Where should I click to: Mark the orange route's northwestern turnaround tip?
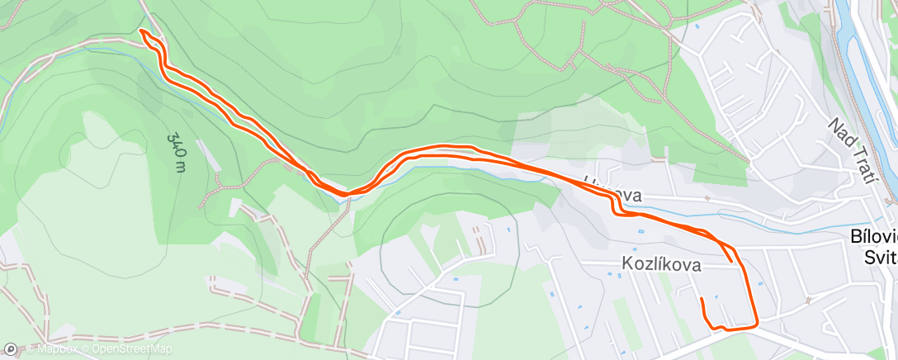143,31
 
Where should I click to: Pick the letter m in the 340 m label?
181,167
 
